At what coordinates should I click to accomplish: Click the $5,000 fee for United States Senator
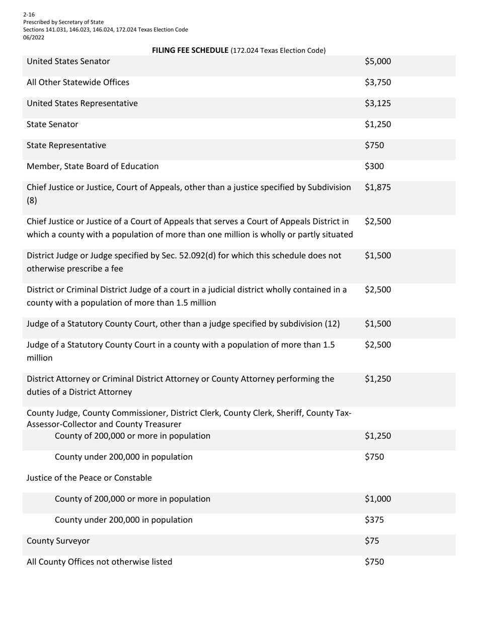(x=377, y=61)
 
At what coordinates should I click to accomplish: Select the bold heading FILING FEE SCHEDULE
(x=190, y=50)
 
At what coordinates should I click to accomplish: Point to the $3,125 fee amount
(x=377, y=103)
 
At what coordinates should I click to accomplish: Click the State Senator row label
(x=52, y=124)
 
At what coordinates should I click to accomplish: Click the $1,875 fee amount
(x=377, y=188)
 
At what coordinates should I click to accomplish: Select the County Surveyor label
(x=58, y=541)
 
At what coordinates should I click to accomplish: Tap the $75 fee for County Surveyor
(x=372, y=541)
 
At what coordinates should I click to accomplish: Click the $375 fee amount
(x=374, y=520)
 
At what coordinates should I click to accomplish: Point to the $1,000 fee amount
(x=377, y=499)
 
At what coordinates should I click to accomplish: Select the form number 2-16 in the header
(x=29, y=15)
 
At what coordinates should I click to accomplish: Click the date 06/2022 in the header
(x=33, y=37)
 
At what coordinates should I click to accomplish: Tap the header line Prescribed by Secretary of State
(x=63, y=22)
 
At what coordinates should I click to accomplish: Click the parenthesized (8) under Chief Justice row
(x=32, y=200)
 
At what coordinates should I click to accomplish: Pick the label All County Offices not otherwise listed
(x=99, y=562)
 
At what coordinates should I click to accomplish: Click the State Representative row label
(x=66, y=145)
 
